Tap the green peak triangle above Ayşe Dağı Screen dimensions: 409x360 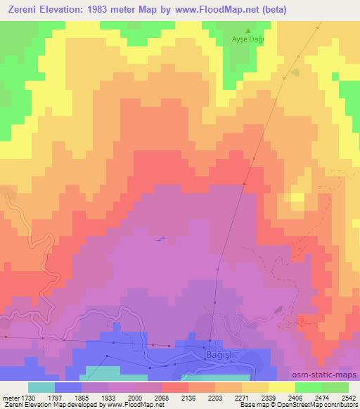point(247,31)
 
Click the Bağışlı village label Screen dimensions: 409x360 point(224,358)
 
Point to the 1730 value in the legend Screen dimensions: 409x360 point(29,398)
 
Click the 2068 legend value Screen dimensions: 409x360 point(162,398)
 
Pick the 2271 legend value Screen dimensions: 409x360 point(242,398)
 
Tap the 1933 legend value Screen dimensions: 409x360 point(108,398)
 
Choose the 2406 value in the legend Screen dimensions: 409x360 point(295,398)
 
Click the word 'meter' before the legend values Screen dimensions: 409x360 point(10,398)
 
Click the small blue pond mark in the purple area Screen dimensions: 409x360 point(161,239)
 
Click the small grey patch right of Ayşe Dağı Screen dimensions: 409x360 point(295,72)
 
